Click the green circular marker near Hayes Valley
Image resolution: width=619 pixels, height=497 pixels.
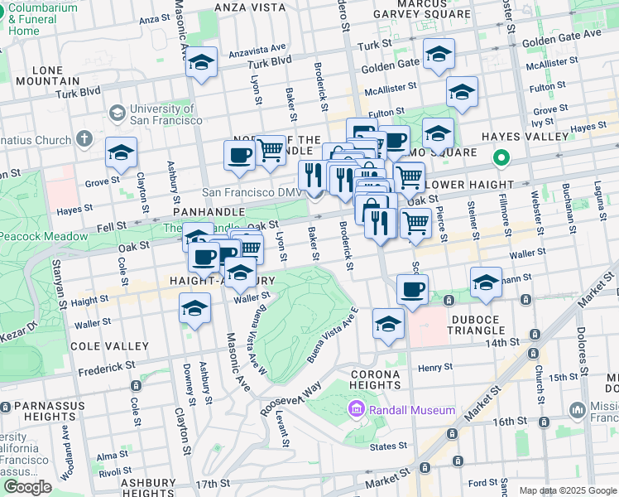click(500, 157)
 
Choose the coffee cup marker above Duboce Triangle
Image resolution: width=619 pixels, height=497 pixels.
click(411, 290)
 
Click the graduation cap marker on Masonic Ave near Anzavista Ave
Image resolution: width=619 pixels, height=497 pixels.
click(201, 63)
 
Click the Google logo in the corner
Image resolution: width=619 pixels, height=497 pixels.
click(27, 487)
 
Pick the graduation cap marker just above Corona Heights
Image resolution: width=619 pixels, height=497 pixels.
click(388, 325)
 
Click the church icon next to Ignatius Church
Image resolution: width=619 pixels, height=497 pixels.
click(84, 138)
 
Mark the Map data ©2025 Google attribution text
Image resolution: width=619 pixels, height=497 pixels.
click(567, 490)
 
